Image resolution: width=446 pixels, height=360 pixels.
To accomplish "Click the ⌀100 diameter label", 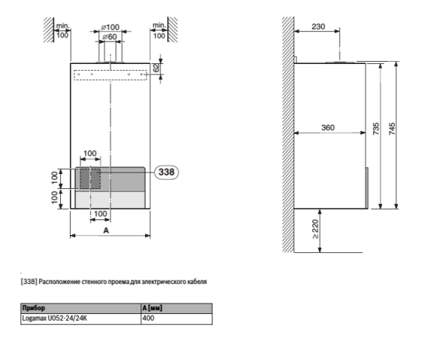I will (109, 28).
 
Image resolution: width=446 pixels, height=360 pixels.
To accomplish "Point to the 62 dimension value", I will (156, 68).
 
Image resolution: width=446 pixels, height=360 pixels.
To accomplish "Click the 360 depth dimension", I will (327, 127).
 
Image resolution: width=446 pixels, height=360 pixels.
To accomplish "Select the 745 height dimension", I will (392, 129).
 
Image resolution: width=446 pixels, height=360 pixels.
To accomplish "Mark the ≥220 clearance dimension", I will (316, 232).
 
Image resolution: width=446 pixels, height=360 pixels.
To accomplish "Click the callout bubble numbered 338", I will (167, 172).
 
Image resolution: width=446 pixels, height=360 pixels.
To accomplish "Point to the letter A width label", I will (106, 231).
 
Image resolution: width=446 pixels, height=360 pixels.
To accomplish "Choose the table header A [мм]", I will (152, 307).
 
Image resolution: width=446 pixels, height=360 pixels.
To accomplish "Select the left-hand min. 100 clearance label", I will (62, 30).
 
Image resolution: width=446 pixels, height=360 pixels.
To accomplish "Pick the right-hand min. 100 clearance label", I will (158, 30).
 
